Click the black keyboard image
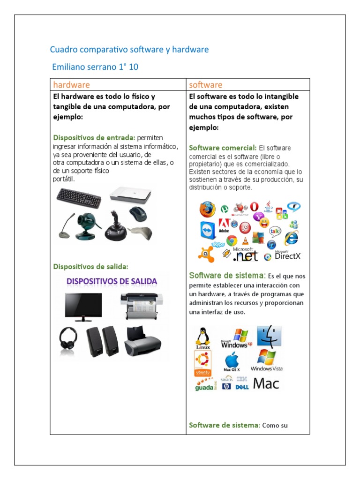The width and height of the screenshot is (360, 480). point(78,197)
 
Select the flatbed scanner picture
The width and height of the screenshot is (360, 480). point(130,195)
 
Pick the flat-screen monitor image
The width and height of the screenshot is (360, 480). point(83,307)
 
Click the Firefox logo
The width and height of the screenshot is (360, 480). point(207,210)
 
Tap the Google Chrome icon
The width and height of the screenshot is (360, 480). point(231,240)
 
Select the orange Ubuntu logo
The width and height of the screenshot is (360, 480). point(202,363)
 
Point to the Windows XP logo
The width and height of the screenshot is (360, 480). point(236,338)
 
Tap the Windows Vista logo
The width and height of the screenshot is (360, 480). point(266,360)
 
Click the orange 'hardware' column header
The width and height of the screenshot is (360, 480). point(71,85)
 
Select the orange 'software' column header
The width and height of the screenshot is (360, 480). point(205,85)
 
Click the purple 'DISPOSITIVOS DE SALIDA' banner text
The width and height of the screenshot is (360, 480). point(112,281)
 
